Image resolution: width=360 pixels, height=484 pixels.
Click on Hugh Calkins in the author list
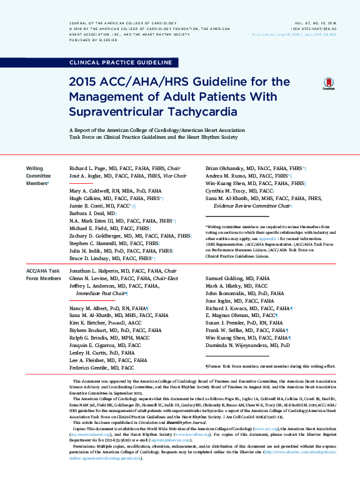point(84,197)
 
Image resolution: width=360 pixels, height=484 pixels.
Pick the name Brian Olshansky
point(226,169)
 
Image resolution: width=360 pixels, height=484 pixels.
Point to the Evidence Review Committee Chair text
point(252,205)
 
